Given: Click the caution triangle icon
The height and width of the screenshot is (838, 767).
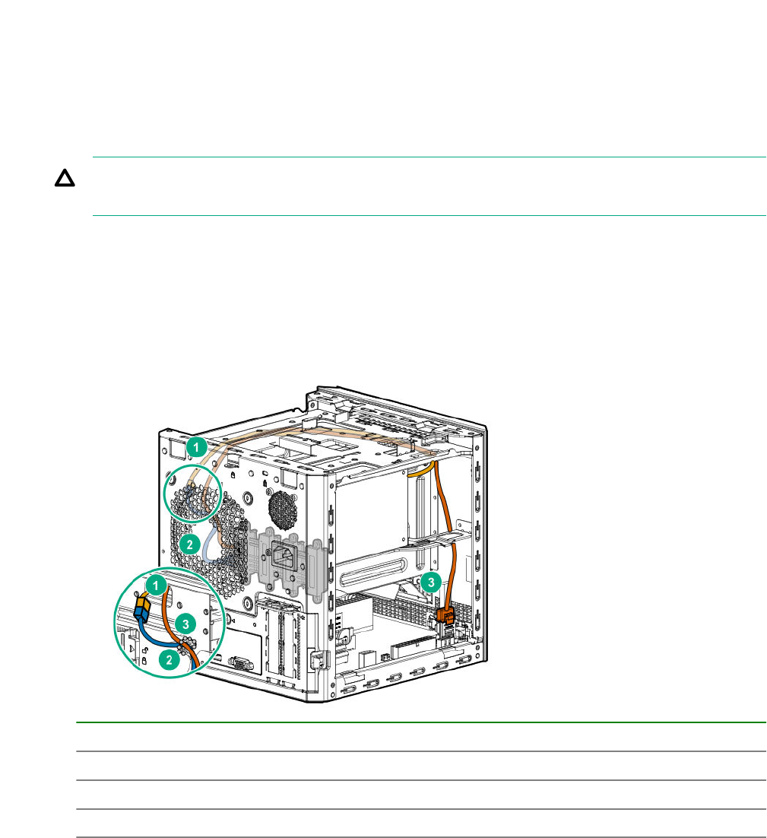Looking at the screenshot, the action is coord(65,178).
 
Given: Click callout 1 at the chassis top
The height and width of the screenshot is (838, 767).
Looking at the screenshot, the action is coord(196,447).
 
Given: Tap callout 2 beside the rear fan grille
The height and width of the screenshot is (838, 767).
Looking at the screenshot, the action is coord(189,545).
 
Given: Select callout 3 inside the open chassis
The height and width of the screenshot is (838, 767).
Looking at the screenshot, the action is coord(430,582).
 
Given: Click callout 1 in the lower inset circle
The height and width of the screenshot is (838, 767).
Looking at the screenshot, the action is coord(156,586).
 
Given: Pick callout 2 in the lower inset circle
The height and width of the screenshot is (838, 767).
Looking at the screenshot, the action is coord(170,659).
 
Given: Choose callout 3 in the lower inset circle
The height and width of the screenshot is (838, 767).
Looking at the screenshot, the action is coord(185,624).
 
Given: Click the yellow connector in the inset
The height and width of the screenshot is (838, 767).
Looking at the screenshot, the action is coord(143,603).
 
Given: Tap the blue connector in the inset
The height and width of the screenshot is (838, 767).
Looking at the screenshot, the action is coord(142,614).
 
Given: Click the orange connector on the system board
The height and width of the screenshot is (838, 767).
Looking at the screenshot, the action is coord(445,616).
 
